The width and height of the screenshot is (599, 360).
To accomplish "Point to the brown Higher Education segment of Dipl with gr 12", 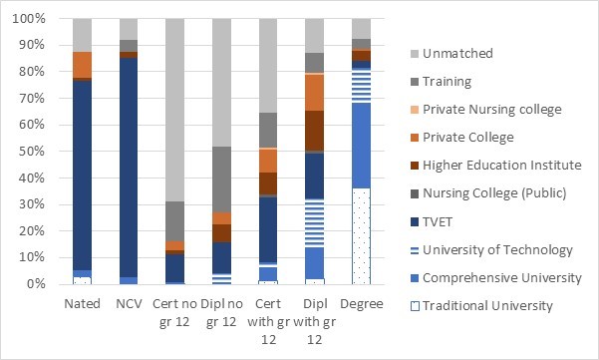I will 314,131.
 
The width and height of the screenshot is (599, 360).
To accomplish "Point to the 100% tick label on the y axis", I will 30,19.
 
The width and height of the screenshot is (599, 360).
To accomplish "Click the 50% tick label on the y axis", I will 33,152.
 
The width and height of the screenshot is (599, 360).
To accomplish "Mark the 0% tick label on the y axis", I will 36,284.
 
